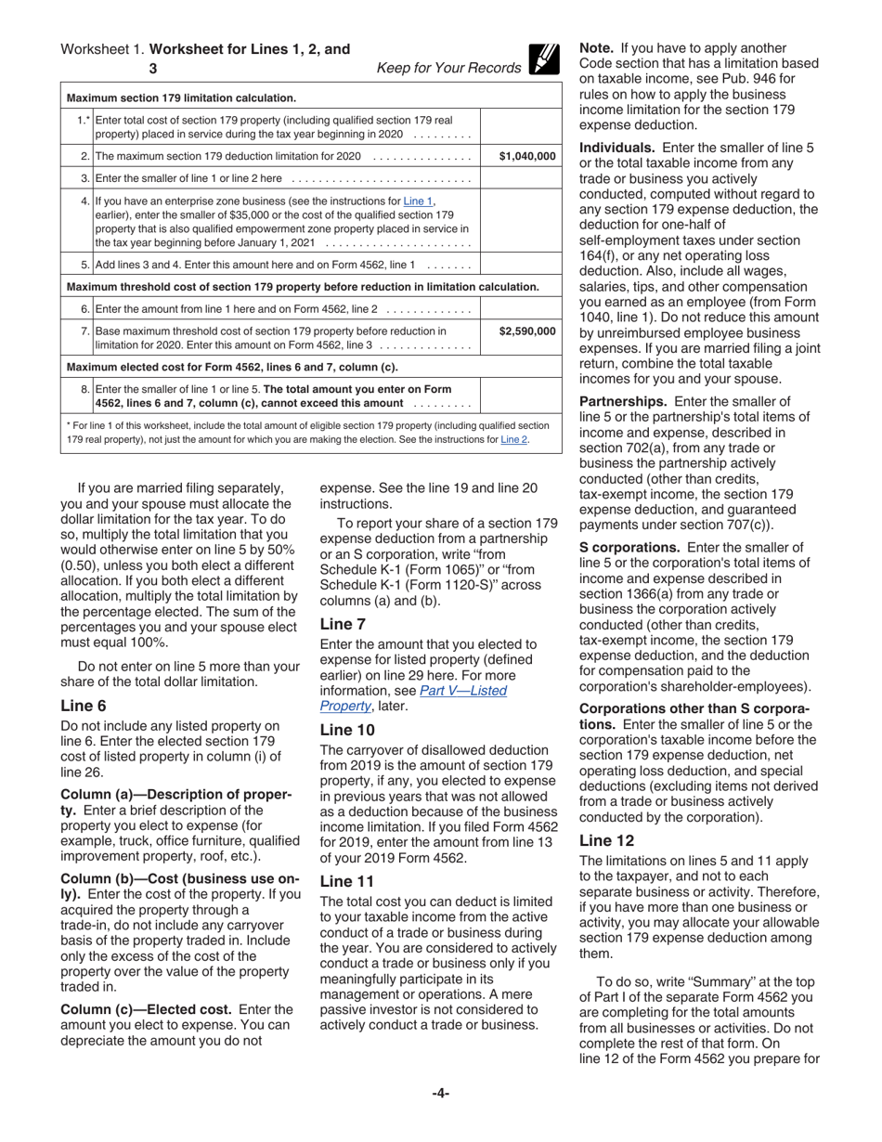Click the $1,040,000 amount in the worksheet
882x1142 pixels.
tap(527, 156)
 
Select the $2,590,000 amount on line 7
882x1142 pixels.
tap(527, 331)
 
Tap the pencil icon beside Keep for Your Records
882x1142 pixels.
tap(544, 58)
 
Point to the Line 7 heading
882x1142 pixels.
tap(343, 624)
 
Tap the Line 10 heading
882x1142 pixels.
tap(347, 730)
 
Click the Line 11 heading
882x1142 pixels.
tap(346, 880)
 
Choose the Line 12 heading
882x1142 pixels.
tap(606, 840)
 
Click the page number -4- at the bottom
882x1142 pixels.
tap(441, 1093)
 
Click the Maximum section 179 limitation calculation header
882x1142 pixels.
tap(182, 97)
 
